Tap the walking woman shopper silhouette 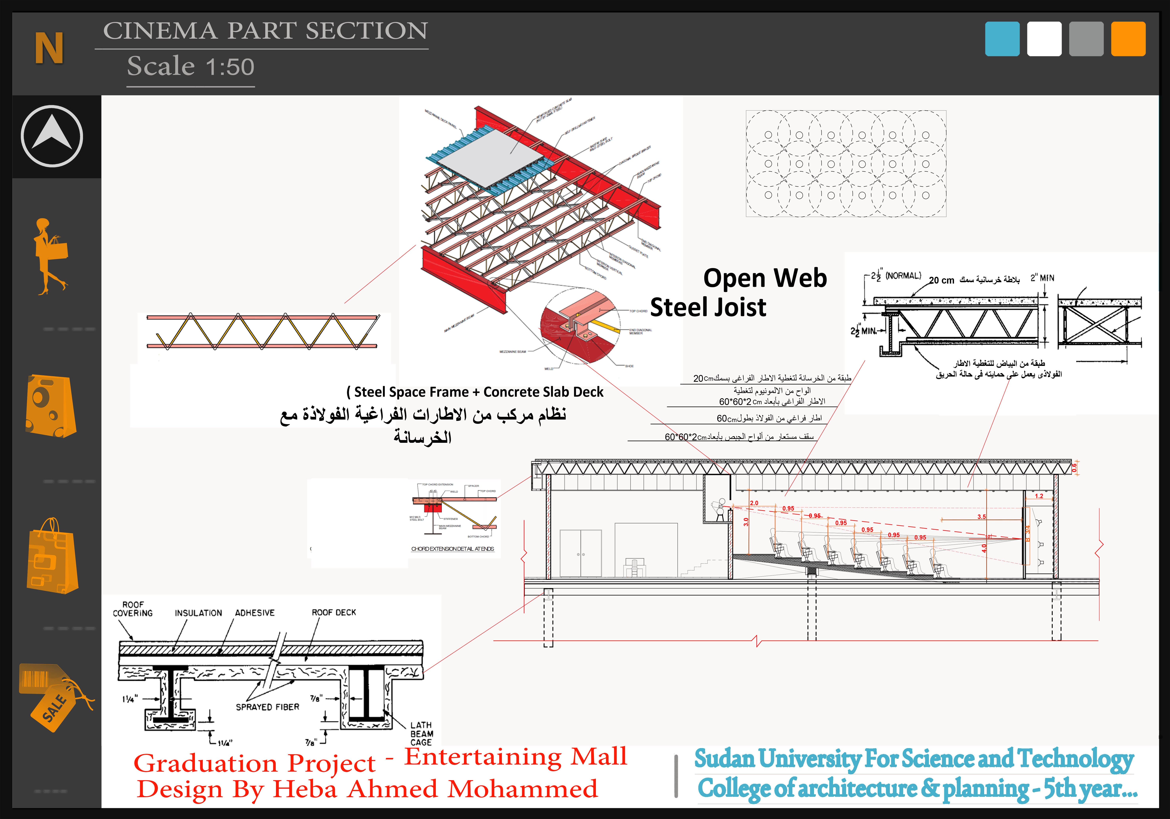(x=50, y=256)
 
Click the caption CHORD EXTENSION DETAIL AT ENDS (x=452, y=549)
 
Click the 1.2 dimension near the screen (x=1039, y=496)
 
